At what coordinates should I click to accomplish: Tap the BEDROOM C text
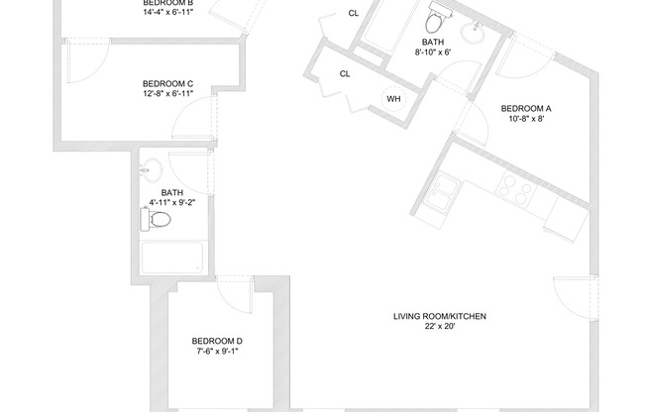coord(167,83)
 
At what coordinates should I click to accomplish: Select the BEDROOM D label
coord(216,341)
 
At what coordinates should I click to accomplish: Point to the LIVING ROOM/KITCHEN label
coord(439,317)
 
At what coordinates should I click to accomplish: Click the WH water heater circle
coord(393,99)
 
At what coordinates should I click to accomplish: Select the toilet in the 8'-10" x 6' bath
coord(435,21)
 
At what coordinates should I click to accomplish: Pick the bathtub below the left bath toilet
coord(172,259)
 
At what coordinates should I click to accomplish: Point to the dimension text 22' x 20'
coord(439,328)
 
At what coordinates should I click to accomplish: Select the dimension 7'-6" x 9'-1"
coord(216,352)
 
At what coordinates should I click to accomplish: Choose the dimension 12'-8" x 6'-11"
coord(167,94)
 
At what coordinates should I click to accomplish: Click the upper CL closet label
coord(354,13)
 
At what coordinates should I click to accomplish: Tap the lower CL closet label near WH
coord(345,74)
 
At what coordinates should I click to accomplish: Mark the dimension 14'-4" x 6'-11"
coord(167,14)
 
